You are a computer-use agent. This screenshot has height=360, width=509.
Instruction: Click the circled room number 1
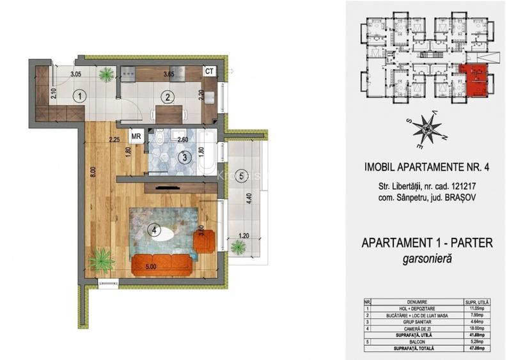point(79,97)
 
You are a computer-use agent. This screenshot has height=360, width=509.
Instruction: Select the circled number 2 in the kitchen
point(167,98)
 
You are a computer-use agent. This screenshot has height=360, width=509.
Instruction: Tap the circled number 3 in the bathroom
point(184,156)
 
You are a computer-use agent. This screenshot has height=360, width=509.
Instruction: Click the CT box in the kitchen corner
point(209,72)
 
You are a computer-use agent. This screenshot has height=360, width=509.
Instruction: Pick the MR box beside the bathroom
point(136,136)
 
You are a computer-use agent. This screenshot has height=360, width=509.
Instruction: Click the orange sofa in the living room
point(163,263)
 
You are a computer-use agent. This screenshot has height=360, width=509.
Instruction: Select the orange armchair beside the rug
point(204,241)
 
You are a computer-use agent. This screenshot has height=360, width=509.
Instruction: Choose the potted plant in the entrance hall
point(106,75)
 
